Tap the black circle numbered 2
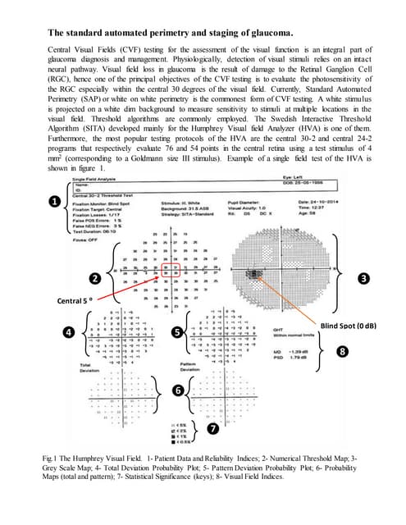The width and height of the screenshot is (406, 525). (x=96, y=279)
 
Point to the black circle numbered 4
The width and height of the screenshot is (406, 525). (x=69, y=331)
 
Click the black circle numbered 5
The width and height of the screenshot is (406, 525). (x=178, y=331)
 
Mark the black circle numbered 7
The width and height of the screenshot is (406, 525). (x=213, y=428)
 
